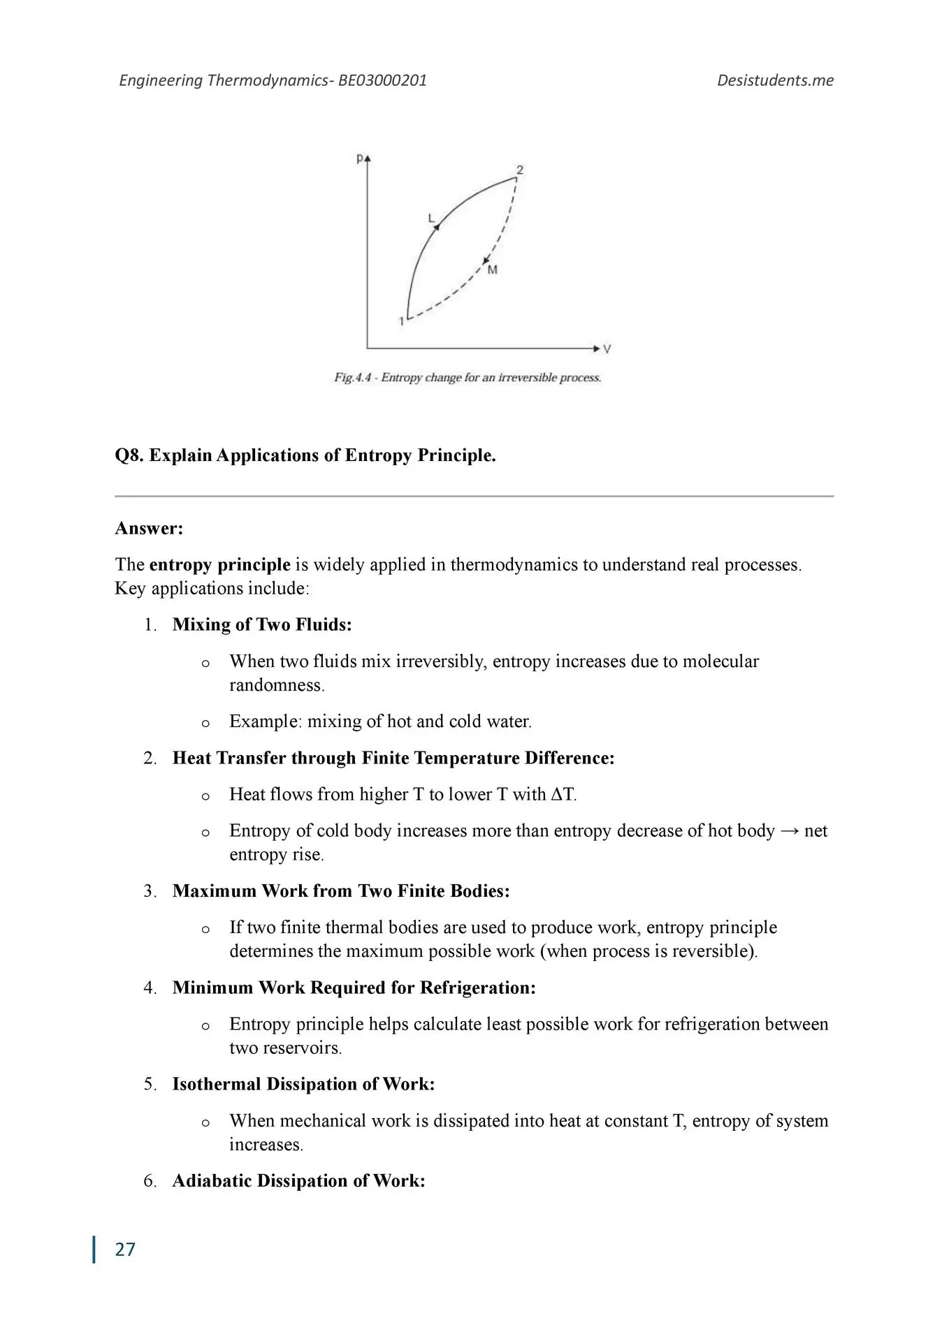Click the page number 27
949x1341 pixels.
pos(125,1249)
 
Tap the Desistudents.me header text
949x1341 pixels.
pos(775,80)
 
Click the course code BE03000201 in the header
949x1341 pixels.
pos(382,80)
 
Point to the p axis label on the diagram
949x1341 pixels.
pos(359,158)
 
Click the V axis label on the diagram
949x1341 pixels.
pos(607,349)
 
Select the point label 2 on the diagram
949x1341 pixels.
pos(520,170)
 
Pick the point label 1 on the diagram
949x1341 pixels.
pos(402,321)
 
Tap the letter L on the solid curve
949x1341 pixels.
pos(431,219)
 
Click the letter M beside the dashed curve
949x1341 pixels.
pos(493,270)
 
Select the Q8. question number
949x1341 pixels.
pos(129,455)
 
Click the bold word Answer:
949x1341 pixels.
pos(149,528)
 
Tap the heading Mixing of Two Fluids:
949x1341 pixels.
pos(262,624)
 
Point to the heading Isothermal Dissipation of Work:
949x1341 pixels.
pos(303,1084)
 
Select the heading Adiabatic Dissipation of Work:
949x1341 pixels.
pos(298,1180)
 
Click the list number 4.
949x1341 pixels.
pos(150,988)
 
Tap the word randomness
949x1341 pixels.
pos(277,685)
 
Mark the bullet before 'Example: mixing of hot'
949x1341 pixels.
pos(205,723)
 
